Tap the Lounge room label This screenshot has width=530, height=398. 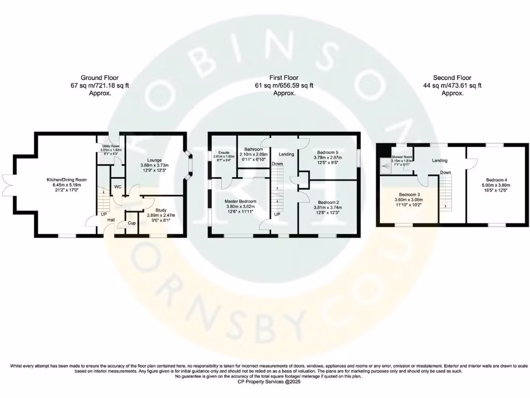[x=154, y=160]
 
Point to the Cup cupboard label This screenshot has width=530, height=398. [x=125, y=224]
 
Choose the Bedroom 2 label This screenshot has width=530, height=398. [x=328, y=202]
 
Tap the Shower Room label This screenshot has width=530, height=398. [x=402, y=157]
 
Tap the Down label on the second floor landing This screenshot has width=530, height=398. [x=445, y=172]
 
